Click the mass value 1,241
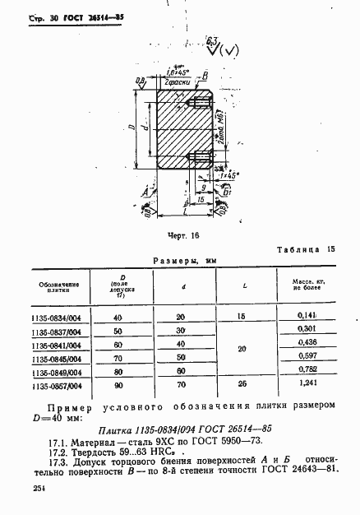tap(310, 384)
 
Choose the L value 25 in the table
tap(241, 384)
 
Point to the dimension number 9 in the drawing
tap(190, 188)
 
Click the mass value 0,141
tap(310, 316)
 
